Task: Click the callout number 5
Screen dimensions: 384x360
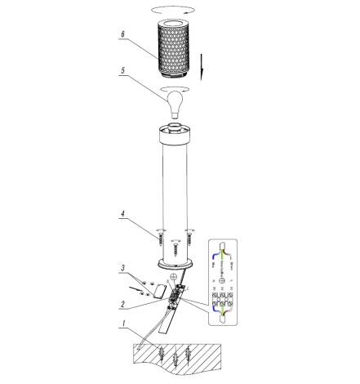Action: coord(122,71)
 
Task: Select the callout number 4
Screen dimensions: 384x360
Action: coord(122,217)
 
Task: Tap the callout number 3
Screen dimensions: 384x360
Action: coord(122,268)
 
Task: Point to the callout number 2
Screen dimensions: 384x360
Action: coord(122,305)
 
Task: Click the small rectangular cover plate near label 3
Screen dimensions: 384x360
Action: coord(161,289)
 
